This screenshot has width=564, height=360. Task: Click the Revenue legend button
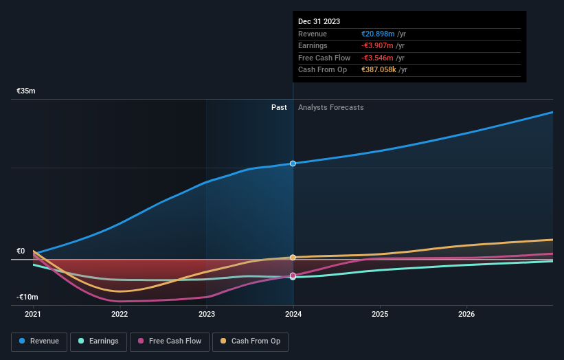pos(39,341)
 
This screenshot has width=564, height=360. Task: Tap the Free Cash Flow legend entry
pos(169,341)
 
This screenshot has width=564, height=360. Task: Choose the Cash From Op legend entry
pos(251,341)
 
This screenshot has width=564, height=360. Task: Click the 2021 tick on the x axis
pos(33,315)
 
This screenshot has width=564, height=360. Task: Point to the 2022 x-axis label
pos(120,315)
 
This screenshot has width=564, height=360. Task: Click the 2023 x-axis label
pos(206,315)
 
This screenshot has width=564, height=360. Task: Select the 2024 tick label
pos(293,315)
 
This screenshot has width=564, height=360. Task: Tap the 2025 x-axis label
pos(380,315)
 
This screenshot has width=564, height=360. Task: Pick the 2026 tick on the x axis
pos(466,315)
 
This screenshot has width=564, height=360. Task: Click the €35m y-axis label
pos(26,91)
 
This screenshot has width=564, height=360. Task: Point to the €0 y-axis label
pos(21,251)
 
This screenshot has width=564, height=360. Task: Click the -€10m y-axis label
pos(27,297)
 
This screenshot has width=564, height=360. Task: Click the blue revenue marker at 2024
pos(293,164)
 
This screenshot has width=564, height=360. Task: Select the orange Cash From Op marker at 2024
pos(293,258)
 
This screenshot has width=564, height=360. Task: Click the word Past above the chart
pos(279,107)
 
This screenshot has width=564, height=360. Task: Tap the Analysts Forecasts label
pos(330,107)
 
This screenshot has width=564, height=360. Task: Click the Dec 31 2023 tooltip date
pos(319,22)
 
